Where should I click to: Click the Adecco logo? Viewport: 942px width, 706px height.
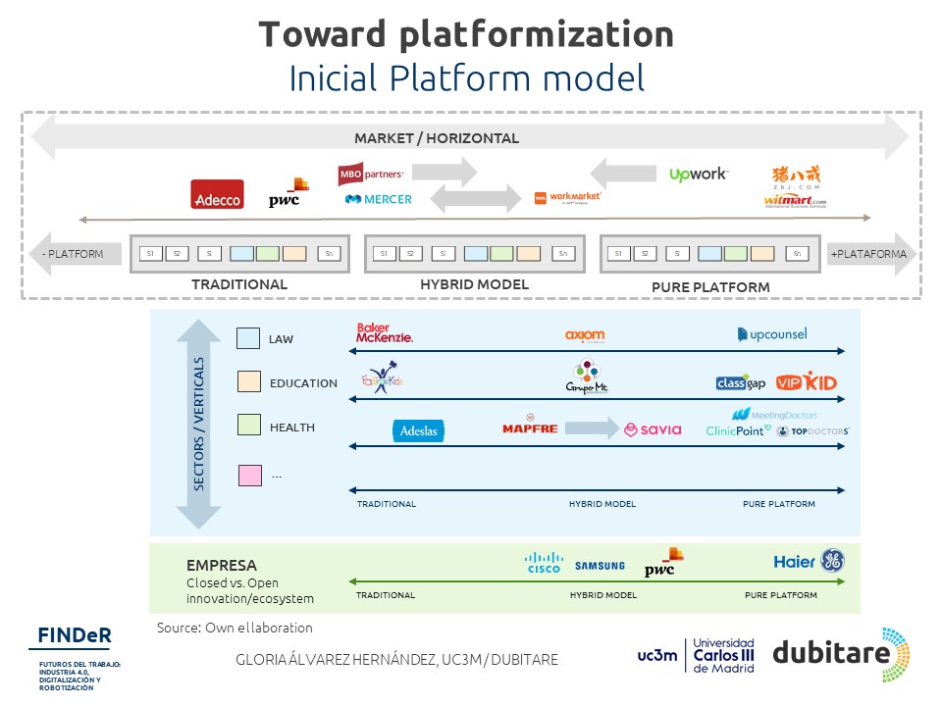[217, 194]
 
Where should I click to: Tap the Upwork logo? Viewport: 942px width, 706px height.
[698, 175]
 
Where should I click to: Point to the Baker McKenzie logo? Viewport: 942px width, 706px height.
[385, 333]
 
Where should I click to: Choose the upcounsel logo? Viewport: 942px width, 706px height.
[772, 334]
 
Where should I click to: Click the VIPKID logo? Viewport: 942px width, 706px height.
[806, 382]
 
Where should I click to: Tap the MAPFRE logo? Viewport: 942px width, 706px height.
[530, 428]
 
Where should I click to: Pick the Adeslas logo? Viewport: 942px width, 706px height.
[419, 430]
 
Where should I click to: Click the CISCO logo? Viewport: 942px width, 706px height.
[544, 562]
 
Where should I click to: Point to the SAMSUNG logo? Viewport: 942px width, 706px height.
[600, 566]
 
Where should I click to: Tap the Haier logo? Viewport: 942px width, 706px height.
[795, 562]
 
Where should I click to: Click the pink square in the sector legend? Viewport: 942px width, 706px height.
[249, 476]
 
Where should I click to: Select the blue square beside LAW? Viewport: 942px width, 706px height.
[248, 338]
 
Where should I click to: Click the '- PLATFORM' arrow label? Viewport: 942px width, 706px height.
[74, 254]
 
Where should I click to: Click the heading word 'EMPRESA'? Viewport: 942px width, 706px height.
[222, 566]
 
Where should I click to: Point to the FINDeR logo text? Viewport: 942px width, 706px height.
[75, 634]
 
